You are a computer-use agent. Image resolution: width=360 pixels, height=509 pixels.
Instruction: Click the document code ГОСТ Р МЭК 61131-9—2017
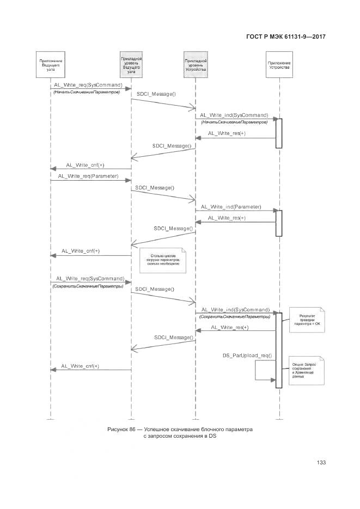(287, 36)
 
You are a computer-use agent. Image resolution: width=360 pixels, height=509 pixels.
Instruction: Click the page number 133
(321, 462)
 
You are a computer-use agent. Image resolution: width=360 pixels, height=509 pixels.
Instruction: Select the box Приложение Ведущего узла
(50, 65)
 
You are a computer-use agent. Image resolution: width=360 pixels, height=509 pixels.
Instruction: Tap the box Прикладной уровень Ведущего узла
(131, 65)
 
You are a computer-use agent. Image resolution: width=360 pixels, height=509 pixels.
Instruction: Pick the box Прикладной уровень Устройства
(195, 65)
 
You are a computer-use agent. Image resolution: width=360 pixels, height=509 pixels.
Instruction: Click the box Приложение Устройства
(278, 66)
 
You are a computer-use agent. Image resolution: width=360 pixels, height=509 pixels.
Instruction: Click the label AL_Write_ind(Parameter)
(231, 207)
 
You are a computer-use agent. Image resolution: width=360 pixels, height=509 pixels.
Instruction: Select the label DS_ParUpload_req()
(247, 355)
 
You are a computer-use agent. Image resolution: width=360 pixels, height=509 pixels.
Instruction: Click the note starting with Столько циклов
(162, 260)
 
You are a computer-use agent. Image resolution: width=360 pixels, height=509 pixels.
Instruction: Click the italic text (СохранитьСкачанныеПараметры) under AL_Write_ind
(234, 316)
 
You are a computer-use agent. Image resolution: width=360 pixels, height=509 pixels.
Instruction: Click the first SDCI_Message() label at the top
(156, 95)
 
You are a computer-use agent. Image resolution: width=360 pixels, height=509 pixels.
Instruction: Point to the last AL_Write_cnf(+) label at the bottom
(80, 366)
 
